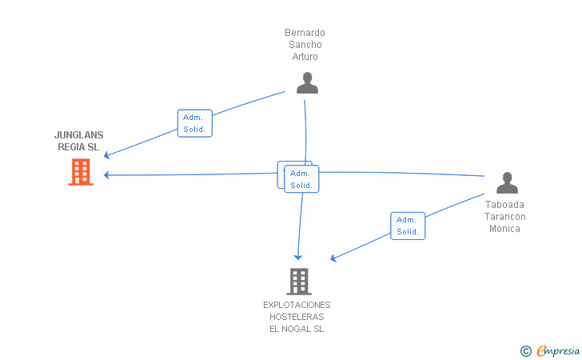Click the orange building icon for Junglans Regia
81,172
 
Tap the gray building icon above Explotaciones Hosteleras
298,281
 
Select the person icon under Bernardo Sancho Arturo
307,83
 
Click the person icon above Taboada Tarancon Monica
507,183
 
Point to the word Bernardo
305,33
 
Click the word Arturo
305,57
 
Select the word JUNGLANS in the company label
78,135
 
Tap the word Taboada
505,205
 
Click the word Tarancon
505,217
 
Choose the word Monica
505,229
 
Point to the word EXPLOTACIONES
297,305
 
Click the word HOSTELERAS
297,317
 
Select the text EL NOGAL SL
297,329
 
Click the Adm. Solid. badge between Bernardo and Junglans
194,123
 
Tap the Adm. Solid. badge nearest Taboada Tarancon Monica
408,226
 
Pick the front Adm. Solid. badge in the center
301,179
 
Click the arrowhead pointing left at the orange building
108,174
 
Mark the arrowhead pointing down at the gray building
298,256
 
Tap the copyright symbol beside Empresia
525,350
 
